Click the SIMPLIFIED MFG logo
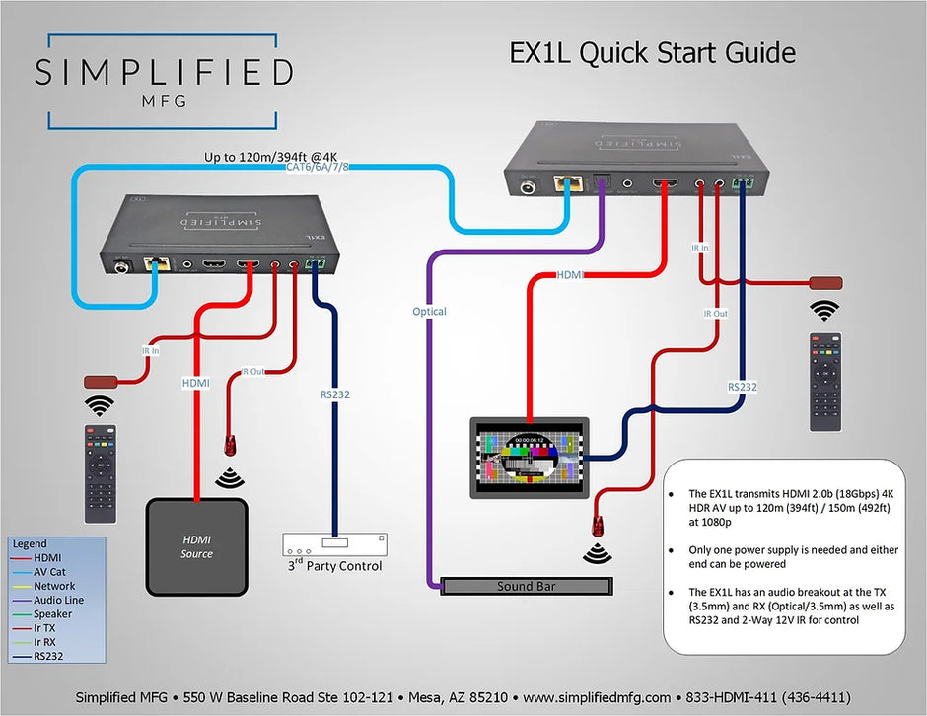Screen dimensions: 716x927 click(x=163, y=81)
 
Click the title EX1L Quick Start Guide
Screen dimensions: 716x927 click(x=652, y=53)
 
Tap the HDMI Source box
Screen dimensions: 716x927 click(x=196, y=546)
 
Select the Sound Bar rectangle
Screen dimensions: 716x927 click(x=527, y=586)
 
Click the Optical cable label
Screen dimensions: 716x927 click(x=429, y=312)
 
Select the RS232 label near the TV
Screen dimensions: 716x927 click(x=742, y=387)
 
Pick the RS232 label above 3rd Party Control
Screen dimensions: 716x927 click(x=334, y=394)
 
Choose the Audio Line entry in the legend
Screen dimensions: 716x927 click(x=58, y=600)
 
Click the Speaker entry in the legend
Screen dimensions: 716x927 click(x=53, y=613)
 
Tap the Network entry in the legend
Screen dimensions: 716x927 click(x=54, y=586)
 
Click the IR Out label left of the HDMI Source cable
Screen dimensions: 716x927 click(x=253, y=372)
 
